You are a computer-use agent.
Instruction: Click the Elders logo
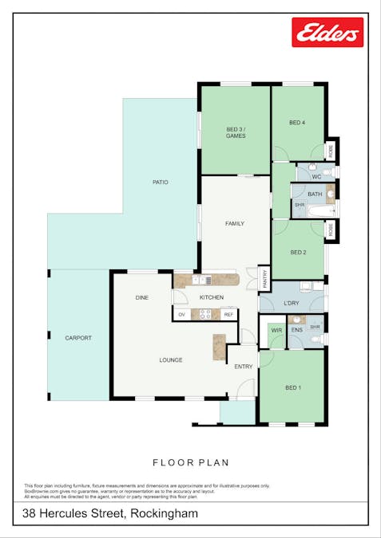point(327,33)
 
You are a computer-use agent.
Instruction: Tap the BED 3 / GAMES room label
point(236,132)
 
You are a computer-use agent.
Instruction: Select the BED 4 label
point(297,122)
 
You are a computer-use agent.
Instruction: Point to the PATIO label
point(161,183)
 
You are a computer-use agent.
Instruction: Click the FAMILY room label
point(235,223)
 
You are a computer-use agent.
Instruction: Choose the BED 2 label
point(298,253)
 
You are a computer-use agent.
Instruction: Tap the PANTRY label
point(264,277)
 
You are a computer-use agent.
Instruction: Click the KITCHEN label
point(211,297)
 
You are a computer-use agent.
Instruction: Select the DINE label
point(142,297)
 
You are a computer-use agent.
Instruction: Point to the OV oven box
point(181,315)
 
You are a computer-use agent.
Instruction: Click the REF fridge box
point(228,315)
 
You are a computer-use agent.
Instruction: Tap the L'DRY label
point(291,303)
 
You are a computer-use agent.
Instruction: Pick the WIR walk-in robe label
point(276,330)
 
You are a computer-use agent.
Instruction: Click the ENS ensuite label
point(297,330)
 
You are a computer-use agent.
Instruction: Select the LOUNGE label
point(170,359)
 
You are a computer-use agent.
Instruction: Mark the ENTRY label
point(244,367)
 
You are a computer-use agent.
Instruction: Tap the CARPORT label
point(78,338)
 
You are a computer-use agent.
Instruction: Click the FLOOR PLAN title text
point(190,461)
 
